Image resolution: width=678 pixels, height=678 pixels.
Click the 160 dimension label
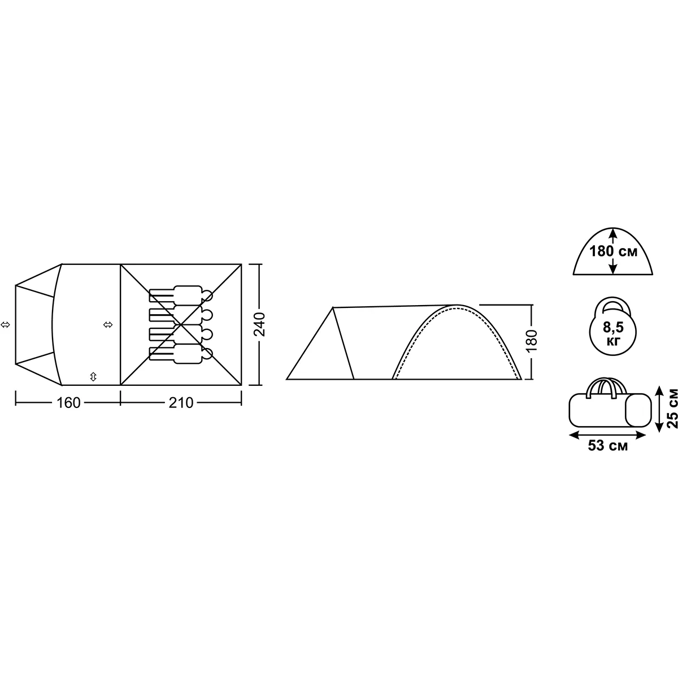point(68,403)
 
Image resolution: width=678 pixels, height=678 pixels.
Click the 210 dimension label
point(181,403)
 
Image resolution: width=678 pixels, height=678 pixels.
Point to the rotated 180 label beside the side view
point(531,340)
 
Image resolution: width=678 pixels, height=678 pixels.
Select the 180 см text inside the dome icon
point(613,251)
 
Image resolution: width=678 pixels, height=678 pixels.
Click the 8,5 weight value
point(613,327)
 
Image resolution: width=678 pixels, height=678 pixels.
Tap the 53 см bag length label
point(607,445)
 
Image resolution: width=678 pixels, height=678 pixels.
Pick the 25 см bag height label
point(672,408)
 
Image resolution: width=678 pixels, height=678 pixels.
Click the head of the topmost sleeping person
point(207,295)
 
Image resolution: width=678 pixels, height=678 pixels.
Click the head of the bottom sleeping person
point(207,353)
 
